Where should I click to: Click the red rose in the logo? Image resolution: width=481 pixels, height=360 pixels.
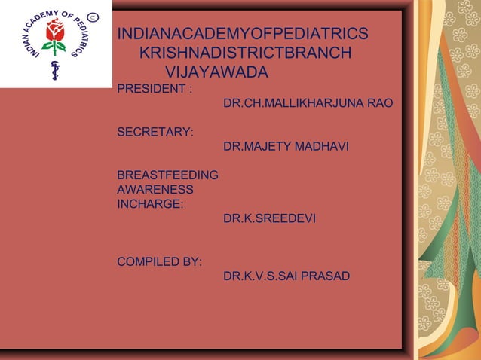(54, 31)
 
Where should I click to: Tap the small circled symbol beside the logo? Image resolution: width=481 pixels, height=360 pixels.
(92, 16)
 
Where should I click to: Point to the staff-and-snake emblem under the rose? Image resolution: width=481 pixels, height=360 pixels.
(54, 69)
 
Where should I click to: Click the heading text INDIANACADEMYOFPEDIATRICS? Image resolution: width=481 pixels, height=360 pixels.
(244, 35)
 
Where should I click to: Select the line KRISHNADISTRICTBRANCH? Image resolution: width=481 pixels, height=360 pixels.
(246, 53)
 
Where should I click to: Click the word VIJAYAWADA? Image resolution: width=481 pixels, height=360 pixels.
(216, 73)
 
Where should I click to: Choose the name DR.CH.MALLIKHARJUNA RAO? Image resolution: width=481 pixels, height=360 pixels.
(308, 103)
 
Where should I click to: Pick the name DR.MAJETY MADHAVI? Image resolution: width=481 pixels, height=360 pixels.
(286, 147)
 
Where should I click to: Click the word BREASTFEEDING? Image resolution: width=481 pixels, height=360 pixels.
(168, 175)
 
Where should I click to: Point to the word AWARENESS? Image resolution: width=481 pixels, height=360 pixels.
(155, 190)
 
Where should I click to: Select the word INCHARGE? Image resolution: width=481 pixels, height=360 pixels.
(149, 203)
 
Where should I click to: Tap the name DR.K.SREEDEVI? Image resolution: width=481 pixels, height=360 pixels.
(269, 218)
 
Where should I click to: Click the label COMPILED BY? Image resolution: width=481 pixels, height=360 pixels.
(159, 262)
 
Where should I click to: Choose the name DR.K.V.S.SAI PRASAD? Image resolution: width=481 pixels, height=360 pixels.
(286, 276)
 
